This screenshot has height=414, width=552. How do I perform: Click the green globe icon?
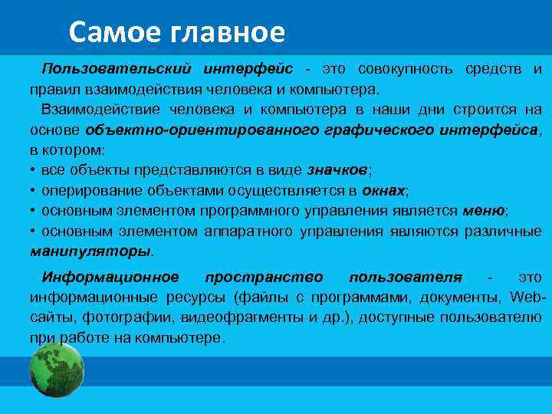[x=55, y=370]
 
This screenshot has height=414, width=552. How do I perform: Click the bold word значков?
[x=338, y=170]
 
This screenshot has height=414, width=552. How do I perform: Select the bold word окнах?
[x=384, y=190]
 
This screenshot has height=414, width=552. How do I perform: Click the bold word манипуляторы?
[x=90, y=251]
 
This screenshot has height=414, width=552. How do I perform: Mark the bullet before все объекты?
[x=34, y=170]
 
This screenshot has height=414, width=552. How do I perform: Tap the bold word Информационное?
[x=110, y=277]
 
